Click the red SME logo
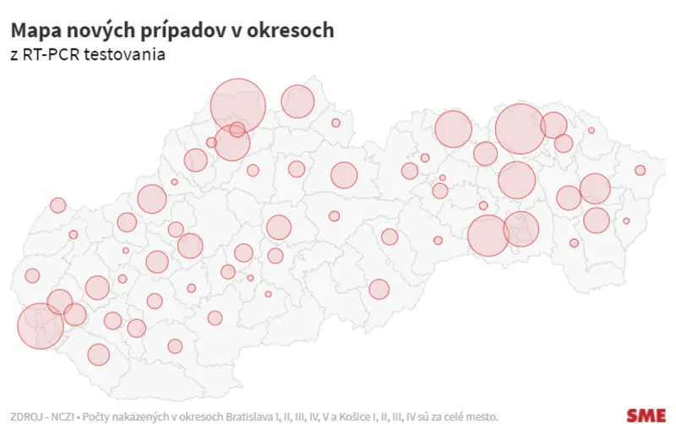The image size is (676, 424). [646, 415]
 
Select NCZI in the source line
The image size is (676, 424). [62, 416]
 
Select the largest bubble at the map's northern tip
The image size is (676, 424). [238, 106]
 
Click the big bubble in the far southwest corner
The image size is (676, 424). [40, 326]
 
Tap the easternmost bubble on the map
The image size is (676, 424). [641, 170]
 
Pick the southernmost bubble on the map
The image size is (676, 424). [99, 355]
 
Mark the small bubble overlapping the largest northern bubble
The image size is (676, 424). [237, 129]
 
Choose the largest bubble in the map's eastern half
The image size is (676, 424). [520, 129]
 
